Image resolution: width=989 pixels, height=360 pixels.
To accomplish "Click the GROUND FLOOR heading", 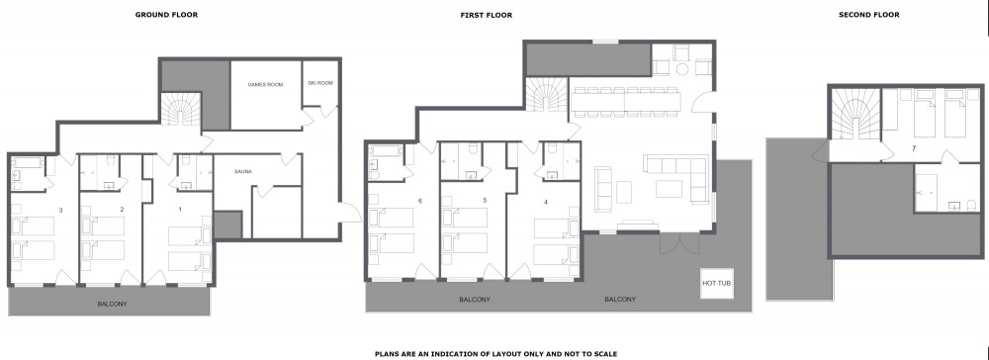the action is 166,15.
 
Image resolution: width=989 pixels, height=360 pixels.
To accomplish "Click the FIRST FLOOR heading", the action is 486,15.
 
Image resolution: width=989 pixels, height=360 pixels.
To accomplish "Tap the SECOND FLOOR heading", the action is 868,15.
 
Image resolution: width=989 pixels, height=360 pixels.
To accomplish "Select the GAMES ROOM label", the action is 265,84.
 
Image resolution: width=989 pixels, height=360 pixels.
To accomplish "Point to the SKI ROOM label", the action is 320,83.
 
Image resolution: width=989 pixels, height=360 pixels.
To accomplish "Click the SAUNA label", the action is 243,171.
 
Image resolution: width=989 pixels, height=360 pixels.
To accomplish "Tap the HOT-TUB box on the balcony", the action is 716,284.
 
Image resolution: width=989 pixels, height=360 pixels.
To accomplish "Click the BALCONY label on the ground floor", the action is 112,304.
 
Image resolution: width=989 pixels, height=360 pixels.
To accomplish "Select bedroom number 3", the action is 60,210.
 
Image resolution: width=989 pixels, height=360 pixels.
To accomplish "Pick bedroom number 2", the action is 122,210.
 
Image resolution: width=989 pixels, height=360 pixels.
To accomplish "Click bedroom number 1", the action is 180,210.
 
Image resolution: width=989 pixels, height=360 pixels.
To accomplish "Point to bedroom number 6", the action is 419,201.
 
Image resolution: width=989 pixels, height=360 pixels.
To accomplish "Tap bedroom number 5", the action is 485,201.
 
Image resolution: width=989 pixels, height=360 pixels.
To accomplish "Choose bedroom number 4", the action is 546,202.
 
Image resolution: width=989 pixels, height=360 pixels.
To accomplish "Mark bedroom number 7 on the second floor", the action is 913,148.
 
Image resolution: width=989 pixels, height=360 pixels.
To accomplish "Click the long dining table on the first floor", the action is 627,102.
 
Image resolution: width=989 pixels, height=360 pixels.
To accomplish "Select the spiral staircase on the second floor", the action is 854,114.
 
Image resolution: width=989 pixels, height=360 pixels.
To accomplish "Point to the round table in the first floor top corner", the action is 682,68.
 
